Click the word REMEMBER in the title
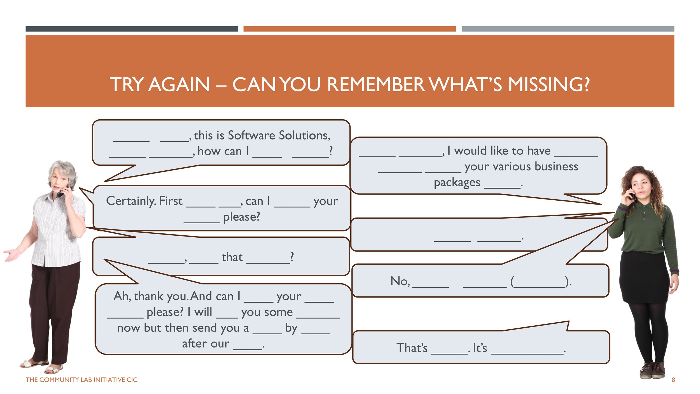[x=376, y=84]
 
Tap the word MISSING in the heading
[x=548, y=84]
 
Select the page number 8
[x=673, y=380]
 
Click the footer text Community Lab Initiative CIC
[x=81, y=380]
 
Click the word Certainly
[x=130, y=201]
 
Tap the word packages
[x=457, y=183]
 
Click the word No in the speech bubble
[x=400, y=281]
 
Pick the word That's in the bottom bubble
[x=412, y=348]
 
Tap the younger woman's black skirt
[x=644, y=277]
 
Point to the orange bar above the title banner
[x=349, y=29]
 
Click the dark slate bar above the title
[x=132, y=29]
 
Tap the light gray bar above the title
[x=568, y=29]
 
